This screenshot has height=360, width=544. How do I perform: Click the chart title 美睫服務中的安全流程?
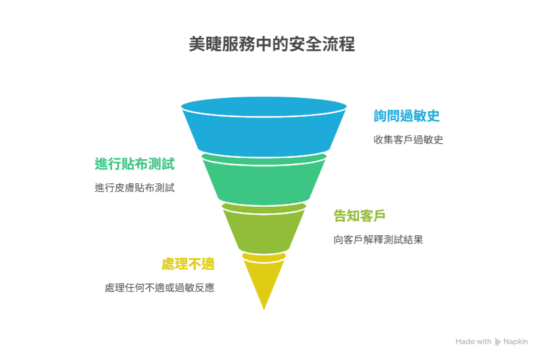click(x=272, y=45)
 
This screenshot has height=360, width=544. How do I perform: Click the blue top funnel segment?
click(x=264, y=130)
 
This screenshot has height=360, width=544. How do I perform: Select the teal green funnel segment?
click(x=264, y=179)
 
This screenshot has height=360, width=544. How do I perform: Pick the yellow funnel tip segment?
click(x=264, y=280)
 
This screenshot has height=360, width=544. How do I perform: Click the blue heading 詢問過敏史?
click(x=406, y=116)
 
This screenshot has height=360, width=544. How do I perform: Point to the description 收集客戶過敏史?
click(x=408, y=140)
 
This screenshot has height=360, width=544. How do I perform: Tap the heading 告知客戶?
click(x=360, y=216)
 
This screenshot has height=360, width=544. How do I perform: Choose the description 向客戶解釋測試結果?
click(x=378, y=240)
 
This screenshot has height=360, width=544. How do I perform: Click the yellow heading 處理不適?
click(x=188, y=264)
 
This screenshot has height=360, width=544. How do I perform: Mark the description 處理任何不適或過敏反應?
click(x=159, y=288)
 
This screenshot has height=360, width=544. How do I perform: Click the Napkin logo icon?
click(x=498, y=342)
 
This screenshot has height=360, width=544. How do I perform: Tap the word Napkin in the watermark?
click(x=516, y=342)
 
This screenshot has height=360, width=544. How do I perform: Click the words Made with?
click(x=473, y=342)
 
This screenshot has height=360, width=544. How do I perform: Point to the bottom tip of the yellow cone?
click(x=264, y=308)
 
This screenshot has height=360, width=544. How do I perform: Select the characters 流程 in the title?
click(x=339, y=45)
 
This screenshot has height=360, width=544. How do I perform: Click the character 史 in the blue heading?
click(x=433, y=116)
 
